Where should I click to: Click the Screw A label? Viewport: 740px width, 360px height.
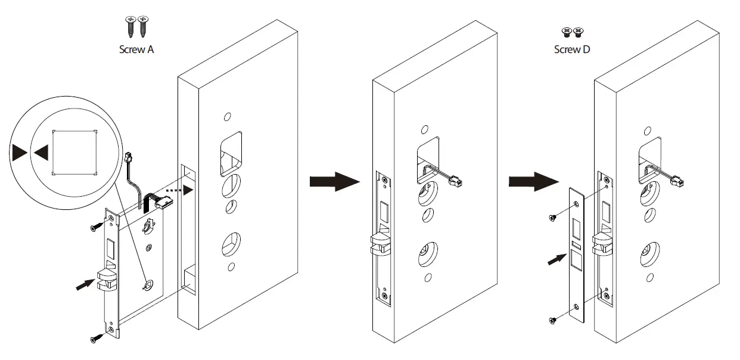(x=136, y=49)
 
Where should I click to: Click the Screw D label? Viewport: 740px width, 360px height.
(x=572, y=49)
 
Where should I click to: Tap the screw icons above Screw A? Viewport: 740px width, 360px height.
(x=136, y=26)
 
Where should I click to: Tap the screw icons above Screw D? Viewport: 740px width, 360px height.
(x=572, y=31)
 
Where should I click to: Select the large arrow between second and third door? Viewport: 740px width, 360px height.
(x=533, y=181)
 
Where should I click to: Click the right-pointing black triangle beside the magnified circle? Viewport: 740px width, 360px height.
(x=18, y=153)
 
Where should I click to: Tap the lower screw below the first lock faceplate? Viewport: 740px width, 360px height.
(x=95, y=339)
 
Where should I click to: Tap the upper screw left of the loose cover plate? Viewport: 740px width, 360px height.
(x=554, y=216)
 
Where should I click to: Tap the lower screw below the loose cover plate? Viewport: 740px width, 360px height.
(x=553, y=321)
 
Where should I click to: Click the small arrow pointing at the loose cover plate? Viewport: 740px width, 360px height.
(x=554, y=259)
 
